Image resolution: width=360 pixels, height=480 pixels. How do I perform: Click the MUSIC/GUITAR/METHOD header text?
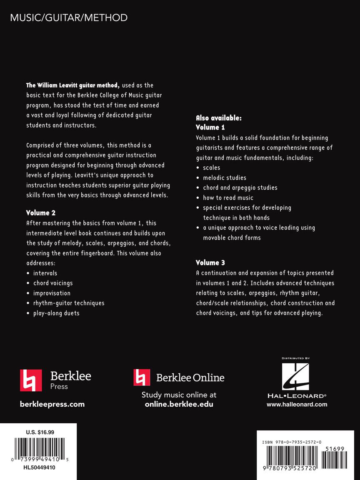(69, 18)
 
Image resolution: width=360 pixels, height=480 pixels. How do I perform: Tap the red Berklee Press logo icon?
(31, 380)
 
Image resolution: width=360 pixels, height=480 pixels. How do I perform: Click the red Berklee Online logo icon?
(142, 377)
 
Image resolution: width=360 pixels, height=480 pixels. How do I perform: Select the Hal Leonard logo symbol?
(296, 377)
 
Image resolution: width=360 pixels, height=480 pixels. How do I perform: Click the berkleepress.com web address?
(52, 404)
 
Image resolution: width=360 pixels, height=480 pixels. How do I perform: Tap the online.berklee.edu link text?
(179, 404)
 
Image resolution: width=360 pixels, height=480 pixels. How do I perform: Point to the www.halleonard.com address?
(297, 404)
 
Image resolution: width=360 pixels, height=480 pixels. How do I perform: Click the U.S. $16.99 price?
(40, 432)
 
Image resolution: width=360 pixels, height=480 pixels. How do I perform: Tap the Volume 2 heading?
(41, 213)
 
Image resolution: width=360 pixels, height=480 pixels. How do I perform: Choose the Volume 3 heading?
(207, 262)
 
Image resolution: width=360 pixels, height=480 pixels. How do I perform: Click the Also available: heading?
(219, 118)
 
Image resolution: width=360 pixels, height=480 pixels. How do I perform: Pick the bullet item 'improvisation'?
(52, 293)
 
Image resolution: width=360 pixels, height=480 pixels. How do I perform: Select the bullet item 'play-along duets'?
(56, 313)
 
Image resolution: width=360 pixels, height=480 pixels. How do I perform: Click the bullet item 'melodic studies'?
(225, 177)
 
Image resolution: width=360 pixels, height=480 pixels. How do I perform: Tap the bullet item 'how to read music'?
(228, 197)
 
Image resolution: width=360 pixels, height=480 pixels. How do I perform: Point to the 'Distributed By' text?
(296, 358)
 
